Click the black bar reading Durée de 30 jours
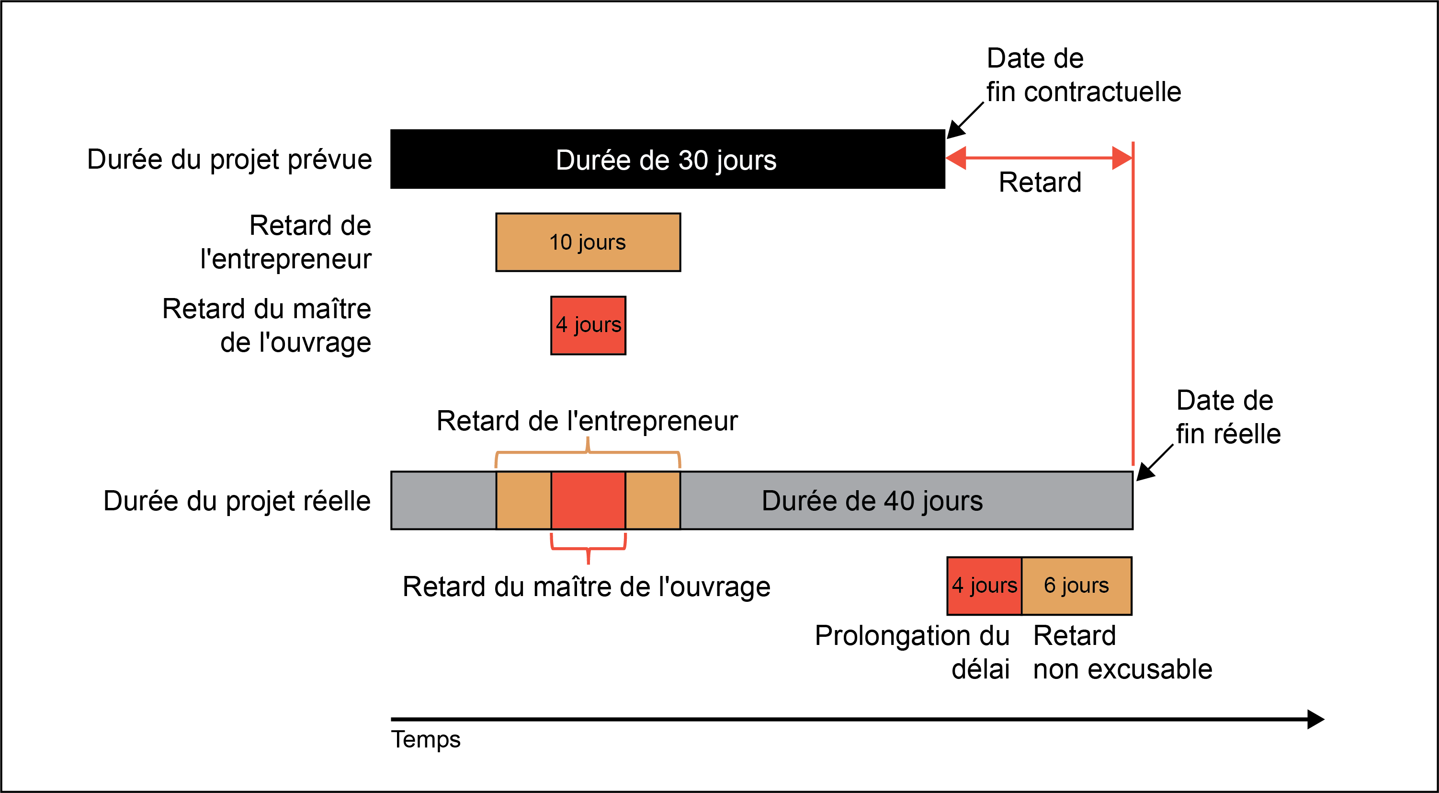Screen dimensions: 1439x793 (668, 159)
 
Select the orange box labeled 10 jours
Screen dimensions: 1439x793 (588, 242)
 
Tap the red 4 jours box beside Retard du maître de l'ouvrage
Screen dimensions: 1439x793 (588, 325)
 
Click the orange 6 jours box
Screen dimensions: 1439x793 (1076, 586)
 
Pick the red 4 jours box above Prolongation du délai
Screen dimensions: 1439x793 (984, 586)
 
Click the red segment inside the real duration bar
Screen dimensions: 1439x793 (588, 500)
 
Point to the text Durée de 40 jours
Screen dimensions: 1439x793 (872, 501)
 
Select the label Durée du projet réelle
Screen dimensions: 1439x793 (237, 501)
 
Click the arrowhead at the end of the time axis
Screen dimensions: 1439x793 (1316, 719)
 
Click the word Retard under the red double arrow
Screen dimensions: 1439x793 (1040, 182)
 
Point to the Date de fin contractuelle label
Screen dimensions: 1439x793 (1084, 75)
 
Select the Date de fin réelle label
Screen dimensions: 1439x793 (1228, 417)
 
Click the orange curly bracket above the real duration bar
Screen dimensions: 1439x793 (588, 451)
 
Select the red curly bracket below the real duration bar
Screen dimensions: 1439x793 (588, 549)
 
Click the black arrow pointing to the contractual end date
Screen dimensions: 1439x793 (965, 120)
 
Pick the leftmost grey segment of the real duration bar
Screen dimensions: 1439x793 (443, 500)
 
